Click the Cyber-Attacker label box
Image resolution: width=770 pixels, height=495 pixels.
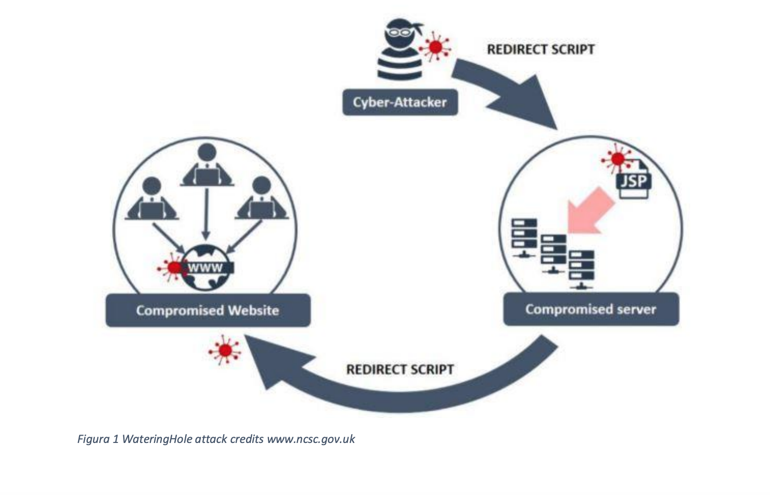[400, 102]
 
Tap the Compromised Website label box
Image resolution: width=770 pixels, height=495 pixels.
[208, 310]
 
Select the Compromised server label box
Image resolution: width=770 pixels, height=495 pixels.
[591, 309]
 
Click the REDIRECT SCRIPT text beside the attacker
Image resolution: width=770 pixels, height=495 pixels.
[541, 49]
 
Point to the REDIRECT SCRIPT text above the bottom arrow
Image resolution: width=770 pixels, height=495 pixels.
[400, 370]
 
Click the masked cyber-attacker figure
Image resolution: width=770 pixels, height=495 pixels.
[400, 49]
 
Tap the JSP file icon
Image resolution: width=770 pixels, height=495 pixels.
[634, 179]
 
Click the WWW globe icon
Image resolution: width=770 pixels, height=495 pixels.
[206, 268]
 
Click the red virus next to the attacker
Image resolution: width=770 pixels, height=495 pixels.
[435, 47]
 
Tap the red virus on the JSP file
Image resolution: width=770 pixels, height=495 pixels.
[618, 159]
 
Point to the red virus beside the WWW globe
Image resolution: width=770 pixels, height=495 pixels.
[174, 268]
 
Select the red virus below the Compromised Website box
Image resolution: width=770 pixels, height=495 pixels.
[225, 350]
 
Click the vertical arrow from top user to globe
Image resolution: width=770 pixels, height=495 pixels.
[206, 214]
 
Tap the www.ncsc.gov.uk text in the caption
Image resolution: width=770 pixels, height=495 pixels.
[311, 439]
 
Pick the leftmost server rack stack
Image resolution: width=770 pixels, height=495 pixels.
[524, 237]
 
